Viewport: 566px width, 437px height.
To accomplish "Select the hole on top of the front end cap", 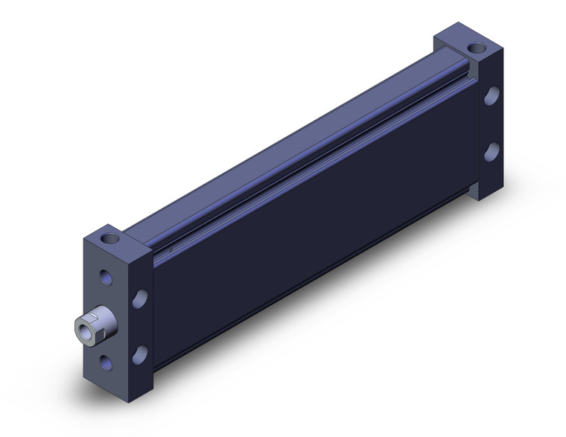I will point(112,240).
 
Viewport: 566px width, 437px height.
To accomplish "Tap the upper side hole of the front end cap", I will point(139,299).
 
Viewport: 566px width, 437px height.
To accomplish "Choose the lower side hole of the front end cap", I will point(139,354).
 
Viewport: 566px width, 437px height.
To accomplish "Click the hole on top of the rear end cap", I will point(475,49).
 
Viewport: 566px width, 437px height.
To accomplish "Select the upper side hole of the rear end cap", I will point(492,95).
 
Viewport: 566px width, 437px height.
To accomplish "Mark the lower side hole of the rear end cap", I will point(492,152).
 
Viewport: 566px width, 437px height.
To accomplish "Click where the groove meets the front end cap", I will point(155,257).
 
